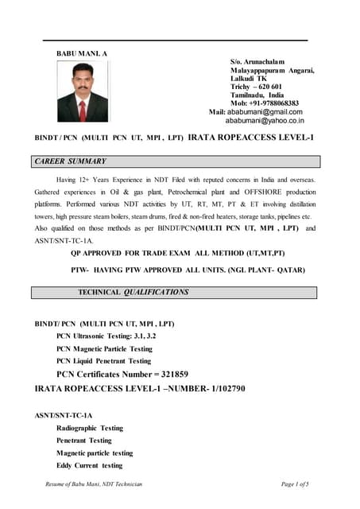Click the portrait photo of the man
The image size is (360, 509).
pyautogui.click(x=82, y=93)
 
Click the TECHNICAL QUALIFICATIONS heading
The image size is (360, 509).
pyautogui.click(x=133, y=292)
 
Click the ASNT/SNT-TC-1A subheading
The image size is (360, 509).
pyautogui.click(x=64, y=415)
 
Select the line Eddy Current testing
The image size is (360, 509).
pyautogui.click(x=89, y=465)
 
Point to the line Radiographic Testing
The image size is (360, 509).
pyautogui.click(x=89, y=428)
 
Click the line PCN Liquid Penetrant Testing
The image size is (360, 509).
pyautogui.click(x=103, y=360)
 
